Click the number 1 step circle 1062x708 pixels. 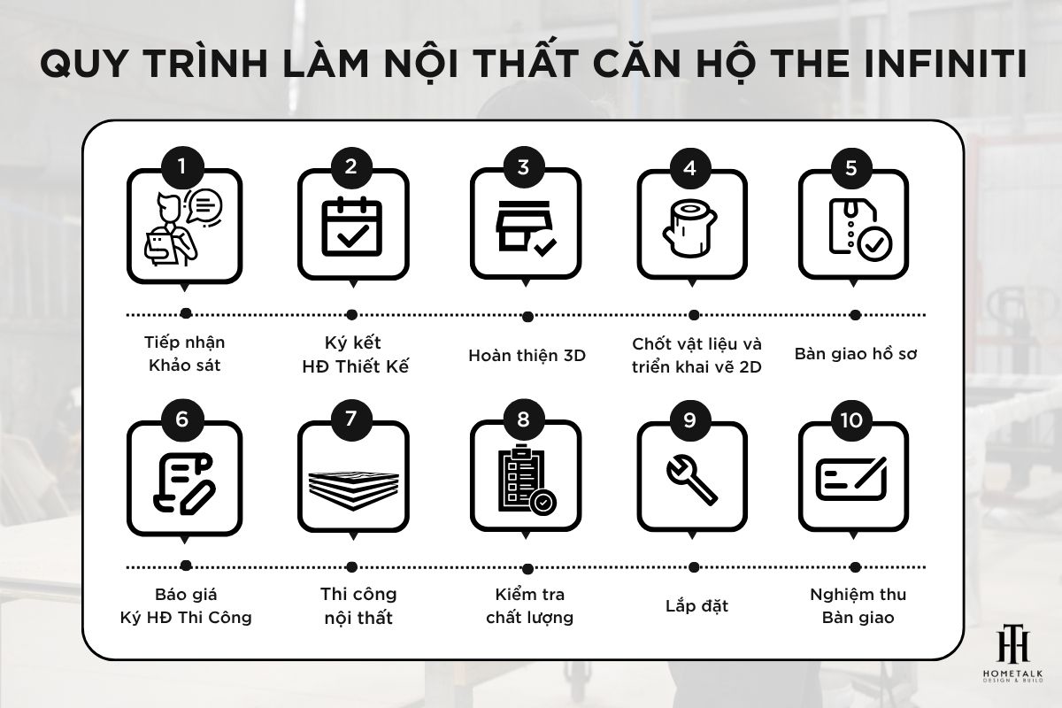[183, 166]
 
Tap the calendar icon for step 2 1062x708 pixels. [352, 228]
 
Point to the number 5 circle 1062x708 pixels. [851, 166]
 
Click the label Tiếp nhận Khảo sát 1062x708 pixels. [183, 353]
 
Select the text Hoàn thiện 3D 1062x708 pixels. [527, 356]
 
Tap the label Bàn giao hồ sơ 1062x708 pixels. [855, 354]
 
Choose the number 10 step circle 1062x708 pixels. [851, 419]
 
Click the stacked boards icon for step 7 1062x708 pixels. [352, 483]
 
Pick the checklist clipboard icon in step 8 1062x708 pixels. [524, 479]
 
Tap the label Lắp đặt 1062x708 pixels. [696, 607]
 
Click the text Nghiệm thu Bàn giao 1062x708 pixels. [857, 605]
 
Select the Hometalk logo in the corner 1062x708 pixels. [1012, 659]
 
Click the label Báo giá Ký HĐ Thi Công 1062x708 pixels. [185, 605]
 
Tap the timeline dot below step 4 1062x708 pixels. [694, 315]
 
